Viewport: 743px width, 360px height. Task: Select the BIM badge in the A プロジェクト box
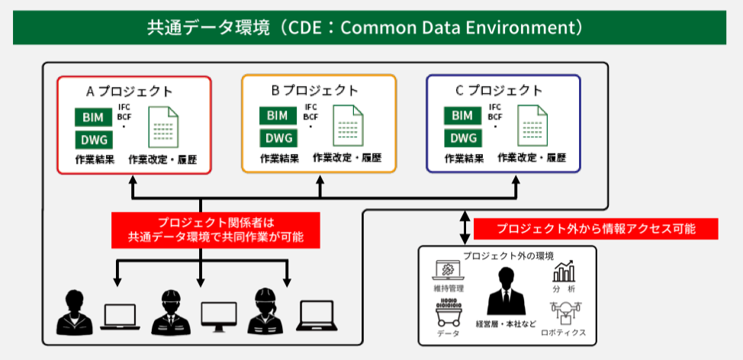point(93,117)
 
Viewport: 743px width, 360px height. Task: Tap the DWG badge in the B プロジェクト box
point(278,138)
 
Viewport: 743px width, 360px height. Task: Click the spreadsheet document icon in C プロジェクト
point(532,127)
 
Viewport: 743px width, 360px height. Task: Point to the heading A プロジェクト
point(129,92)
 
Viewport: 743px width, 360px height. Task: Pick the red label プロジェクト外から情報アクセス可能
point(596,229)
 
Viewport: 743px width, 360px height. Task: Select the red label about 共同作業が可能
point(216,230)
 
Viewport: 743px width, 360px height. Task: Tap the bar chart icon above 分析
point(564,272)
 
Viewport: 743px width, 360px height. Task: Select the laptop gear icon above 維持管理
point(448,272)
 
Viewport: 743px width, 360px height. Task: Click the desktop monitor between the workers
point(219,316)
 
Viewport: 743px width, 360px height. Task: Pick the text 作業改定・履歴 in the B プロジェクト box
point(347,159)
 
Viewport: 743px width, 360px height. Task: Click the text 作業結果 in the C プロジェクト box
point(464,159)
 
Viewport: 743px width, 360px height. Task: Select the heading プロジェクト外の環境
point(507,255)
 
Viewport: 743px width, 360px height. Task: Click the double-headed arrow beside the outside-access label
point(465,227)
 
